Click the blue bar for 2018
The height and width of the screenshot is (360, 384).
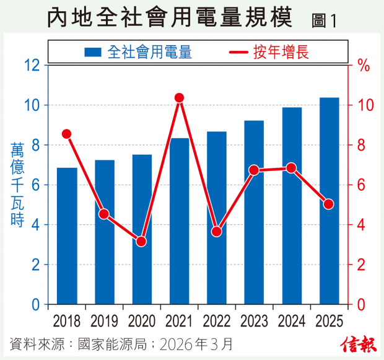67,236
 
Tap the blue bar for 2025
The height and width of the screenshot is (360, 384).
329,201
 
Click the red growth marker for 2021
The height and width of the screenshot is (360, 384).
180,98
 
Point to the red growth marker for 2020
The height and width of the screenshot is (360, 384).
142,241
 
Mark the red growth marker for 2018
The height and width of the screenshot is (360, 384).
67,134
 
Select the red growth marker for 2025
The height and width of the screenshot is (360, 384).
329,204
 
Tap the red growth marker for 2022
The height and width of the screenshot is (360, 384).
217,232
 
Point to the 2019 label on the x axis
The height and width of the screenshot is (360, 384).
105,321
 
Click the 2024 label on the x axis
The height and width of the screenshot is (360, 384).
291,321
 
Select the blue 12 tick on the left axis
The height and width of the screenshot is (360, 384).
32,65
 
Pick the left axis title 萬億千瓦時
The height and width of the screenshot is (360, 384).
17,185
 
